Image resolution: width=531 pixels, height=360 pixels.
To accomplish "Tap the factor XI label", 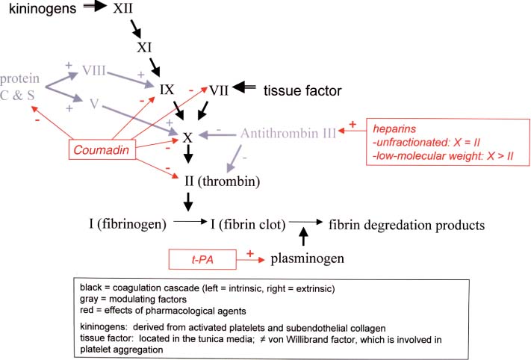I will pyautogui.click(x=145, y=48).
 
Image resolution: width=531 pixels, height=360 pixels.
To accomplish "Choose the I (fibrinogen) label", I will pyautogui.click(x=123, y=223).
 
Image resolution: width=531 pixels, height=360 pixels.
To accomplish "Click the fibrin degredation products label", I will pyautogui.click(x=403, y=223).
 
